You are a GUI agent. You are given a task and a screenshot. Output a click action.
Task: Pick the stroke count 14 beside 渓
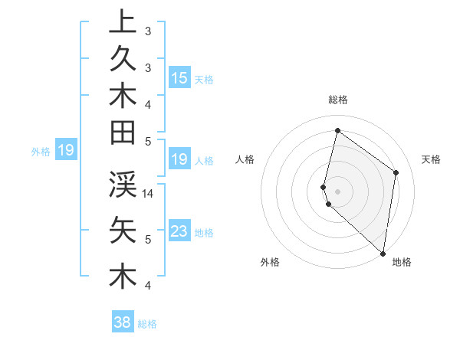[149, 194]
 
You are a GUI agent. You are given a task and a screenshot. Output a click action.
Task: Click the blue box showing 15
[179, 77]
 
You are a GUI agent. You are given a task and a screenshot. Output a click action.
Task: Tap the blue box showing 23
[179, 231]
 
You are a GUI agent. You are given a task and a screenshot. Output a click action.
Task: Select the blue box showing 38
[123, 322]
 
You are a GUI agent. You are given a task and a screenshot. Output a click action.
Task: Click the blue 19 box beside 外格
[66, 150]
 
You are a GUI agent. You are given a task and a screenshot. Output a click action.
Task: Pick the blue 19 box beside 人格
[179, 159]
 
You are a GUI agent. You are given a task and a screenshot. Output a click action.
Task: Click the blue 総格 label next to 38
[147, 324]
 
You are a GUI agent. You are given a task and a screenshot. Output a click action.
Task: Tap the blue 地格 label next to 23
[204, 232]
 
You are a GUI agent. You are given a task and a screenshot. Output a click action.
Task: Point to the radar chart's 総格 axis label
[338, 100]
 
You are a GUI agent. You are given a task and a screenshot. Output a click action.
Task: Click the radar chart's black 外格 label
[270, 262]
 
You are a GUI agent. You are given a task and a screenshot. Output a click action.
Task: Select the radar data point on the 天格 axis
[396, 172]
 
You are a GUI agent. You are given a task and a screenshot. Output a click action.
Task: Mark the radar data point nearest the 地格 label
[383, 253]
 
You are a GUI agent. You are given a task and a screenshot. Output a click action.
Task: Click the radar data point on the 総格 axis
[337, 130]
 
